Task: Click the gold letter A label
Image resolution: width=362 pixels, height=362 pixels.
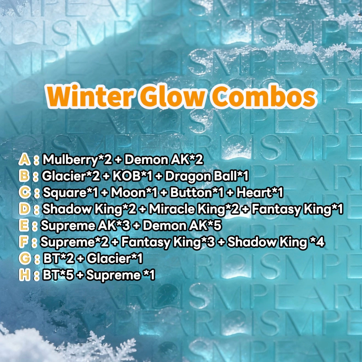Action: [24, 160]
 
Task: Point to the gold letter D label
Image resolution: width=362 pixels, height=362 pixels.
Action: [24, 209]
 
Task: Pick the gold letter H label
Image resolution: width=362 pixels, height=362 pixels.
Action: [24, 275]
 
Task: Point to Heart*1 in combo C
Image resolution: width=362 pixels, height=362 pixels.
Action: [259, 193]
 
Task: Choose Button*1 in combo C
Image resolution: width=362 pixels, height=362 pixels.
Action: [197, 193]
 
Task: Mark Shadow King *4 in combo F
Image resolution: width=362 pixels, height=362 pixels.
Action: [276, 242]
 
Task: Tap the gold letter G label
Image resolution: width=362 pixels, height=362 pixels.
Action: [24, 259]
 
